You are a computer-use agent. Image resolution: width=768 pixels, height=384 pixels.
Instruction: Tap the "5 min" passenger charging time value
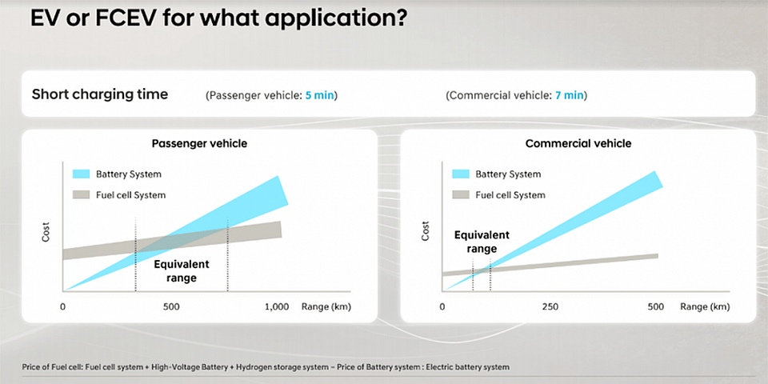click(319, 95)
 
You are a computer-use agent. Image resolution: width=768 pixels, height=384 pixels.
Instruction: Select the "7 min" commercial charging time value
click(569, 95)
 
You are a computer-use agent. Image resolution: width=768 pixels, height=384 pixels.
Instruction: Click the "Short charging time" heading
click(100, 94)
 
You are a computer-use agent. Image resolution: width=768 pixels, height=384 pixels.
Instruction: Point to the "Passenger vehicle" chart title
click(199, 143)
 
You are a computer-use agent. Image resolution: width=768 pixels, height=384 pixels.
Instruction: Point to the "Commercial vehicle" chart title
click(578, 143)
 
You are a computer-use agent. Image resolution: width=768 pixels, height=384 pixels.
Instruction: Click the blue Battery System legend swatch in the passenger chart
click(81, 174)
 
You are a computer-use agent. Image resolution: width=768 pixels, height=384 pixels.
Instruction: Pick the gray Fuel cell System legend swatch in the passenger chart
click(81, 195)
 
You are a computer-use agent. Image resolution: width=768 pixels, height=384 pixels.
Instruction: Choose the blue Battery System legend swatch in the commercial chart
click(461, 174)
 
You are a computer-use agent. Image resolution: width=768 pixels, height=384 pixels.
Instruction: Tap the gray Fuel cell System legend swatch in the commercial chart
click(461, 195)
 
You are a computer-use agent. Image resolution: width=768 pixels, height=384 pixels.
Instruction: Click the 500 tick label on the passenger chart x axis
click(171, 307)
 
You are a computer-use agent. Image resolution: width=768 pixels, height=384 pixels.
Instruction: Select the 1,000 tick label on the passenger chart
click(277, 307)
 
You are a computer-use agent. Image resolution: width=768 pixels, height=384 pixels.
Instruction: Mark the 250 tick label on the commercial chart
click(550, 307)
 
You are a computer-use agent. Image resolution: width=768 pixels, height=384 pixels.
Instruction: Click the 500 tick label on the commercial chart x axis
click(655, 307)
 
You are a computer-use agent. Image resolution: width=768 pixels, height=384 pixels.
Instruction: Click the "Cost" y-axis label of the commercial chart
click(425, 231)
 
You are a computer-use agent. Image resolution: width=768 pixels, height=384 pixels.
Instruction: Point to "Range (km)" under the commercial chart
click(705, 307)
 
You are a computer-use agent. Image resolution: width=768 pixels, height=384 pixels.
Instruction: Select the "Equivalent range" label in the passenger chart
click(182, 271)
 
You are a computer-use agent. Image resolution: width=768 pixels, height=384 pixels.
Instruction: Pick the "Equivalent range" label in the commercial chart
click(482, 242)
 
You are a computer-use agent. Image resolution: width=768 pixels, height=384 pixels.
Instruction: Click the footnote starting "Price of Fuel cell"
click(266, 367)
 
